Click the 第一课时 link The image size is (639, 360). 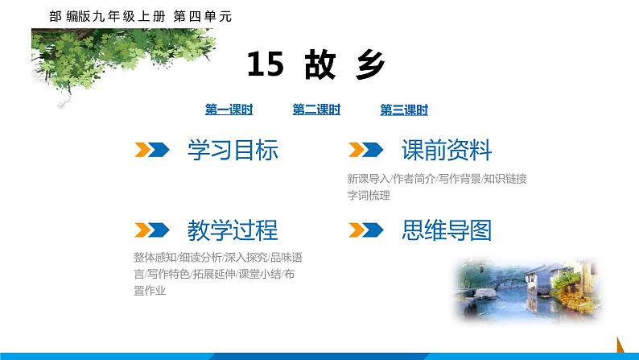(x=229, y=111)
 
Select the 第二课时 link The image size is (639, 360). (x=316, y=111)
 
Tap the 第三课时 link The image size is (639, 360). (x=404, y=111)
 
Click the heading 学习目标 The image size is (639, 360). (x=232, y=150)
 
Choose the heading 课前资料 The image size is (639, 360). (x=446, y=150)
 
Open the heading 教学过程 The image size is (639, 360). (x=232, y=231)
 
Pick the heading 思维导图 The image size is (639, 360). (x=446, y=231)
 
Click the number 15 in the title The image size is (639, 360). (x=265, y=64)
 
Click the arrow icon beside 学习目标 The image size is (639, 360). (x=151, y=150)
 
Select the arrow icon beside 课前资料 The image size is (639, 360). (x=365, y=150)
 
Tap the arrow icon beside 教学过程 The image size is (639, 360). (x=151, y=231)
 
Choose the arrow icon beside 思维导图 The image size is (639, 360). (x=365, y=231)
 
